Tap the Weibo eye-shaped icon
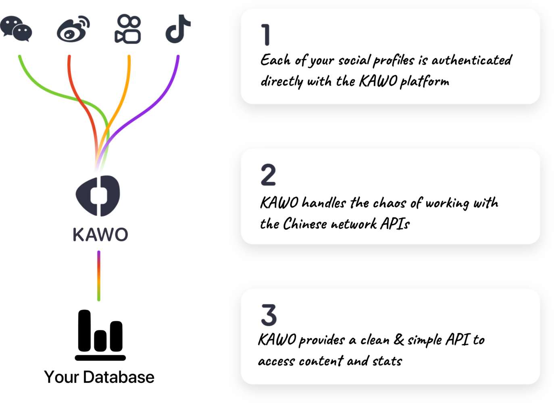tap(73, 30)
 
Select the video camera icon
tap(128, 29)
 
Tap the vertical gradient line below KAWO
tap(99, 276)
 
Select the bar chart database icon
tap(100, 334)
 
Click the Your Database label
tap(99, 377)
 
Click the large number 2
tap(268, 175)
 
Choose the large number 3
tap(269, 315)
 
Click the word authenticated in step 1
tap(471, 60)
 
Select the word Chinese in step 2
tap(305, 224)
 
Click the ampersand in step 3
tap(399, 340)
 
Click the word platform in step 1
tap(424, 82)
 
